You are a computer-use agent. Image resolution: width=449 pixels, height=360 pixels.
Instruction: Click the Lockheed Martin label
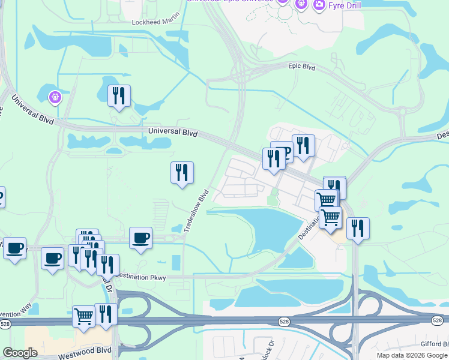(x=155, y=22)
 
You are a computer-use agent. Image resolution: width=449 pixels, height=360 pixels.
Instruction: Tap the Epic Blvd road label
(x=301, y=67)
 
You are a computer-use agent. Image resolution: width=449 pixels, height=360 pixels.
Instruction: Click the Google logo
(x=20, y=353)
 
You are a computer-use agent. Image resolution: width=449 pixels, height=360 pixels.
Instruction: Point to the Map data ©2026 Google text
(x=412, y=355)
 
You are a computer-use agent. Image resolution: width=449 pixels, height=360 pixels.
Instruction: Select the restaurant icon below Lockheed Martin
(x=119, y=96)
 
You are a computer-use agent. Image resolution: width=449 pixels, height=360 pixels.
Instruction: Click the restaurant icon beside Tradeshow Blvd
(x=182, y=173)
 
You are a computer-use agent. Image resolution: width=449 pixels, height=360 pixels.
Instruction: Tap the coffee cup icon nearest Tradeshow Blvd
(x=140, y=238)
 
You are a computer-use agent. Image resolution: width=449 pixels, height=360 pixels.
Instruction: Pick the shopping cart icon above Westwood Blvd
(x=83, y=315)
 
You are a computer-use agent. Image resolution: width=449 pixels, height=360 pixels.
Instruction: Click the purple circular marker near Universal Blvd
(x=55, y=96)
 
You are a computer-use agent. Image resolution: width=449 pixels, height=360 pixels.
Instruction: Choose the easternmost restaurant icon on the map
(x=358, y=228)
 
